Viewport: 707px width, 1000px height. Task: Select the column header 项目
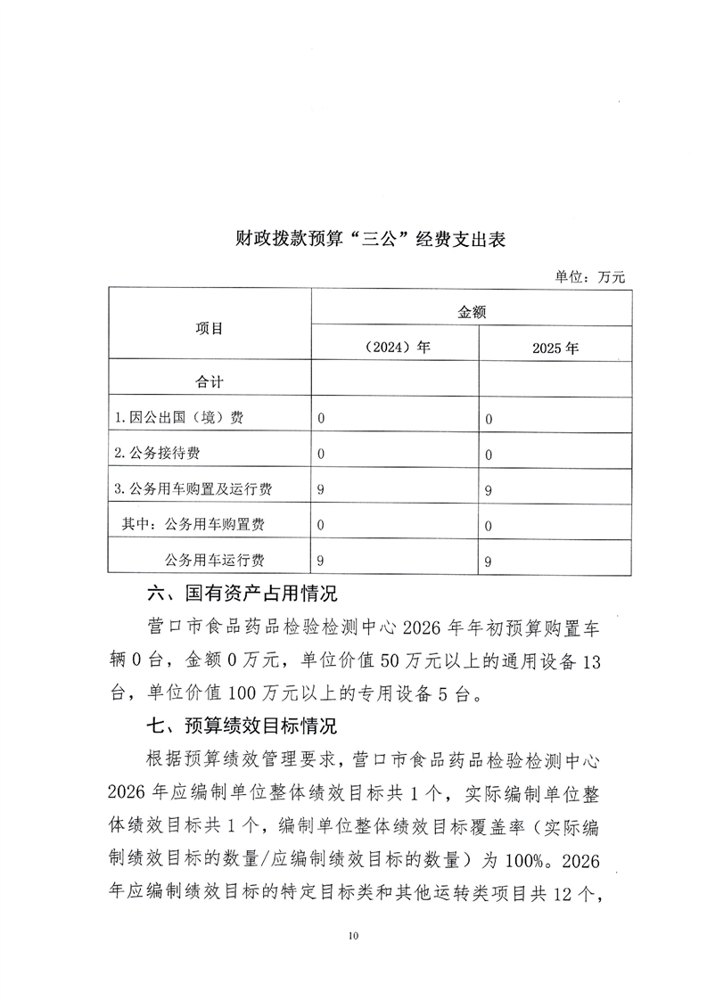tap(210, 328)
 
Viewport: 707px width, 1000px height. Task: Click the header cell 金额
tap(472, 312)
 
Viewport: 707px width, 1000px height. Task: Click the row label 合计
tap(210, 381)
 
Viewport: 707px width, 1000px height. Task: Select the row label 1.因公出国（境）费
tap(179, 417)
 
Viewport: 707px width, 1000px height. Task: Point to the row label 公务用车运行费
tap(215, 560)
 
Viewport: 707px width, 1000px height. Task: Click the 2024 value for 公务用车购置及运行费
tap(322, 489)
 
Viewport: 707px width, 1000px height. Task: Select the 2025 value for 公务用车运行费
tap(489, 561)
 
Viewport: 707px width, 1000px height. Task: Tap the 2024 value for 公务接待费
tap(322, 454)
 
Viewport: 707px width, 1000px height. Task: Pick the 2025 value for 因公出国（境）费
tap(489, 419)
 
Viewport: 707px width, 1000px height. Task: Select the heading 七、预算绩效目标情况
tap(242, 725)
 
